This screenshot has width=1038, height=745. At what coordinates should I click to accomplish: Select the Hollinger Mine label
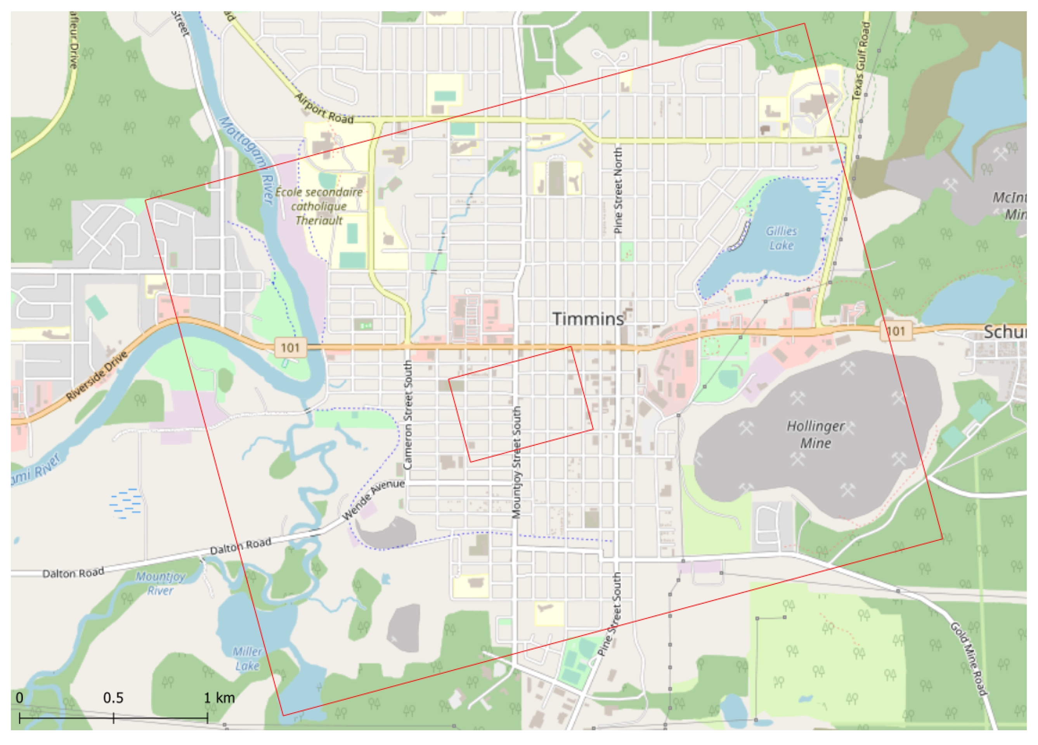tap(815, 434)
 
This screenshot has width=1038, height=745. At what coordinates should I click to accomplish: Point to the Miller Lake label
tap(247, 658)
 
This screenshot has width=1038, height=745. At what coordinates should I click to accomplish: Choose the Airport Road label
tap(324, 109)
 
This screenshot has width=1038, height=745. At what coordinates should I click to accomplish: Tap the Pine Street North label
tap(618, 190)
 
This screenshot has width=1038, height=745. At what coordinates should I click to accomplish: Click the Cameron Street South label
tap(407, 414)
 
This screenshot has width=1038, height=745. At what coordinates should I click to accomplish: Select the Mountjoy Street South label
tap(516, 462)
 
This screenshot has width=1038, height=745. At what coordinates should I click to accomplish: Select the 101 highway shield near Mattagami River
tap(290, 347)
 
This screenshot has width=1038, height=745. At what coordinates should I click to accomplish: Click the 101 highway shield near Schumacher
tap(896, 331)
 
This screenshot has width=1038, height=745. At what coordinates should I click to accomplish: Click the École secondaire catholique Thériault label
tap(319, 206)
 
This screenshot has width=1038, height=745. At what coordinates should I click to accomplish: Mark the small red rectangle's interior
tap(520, 404)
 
